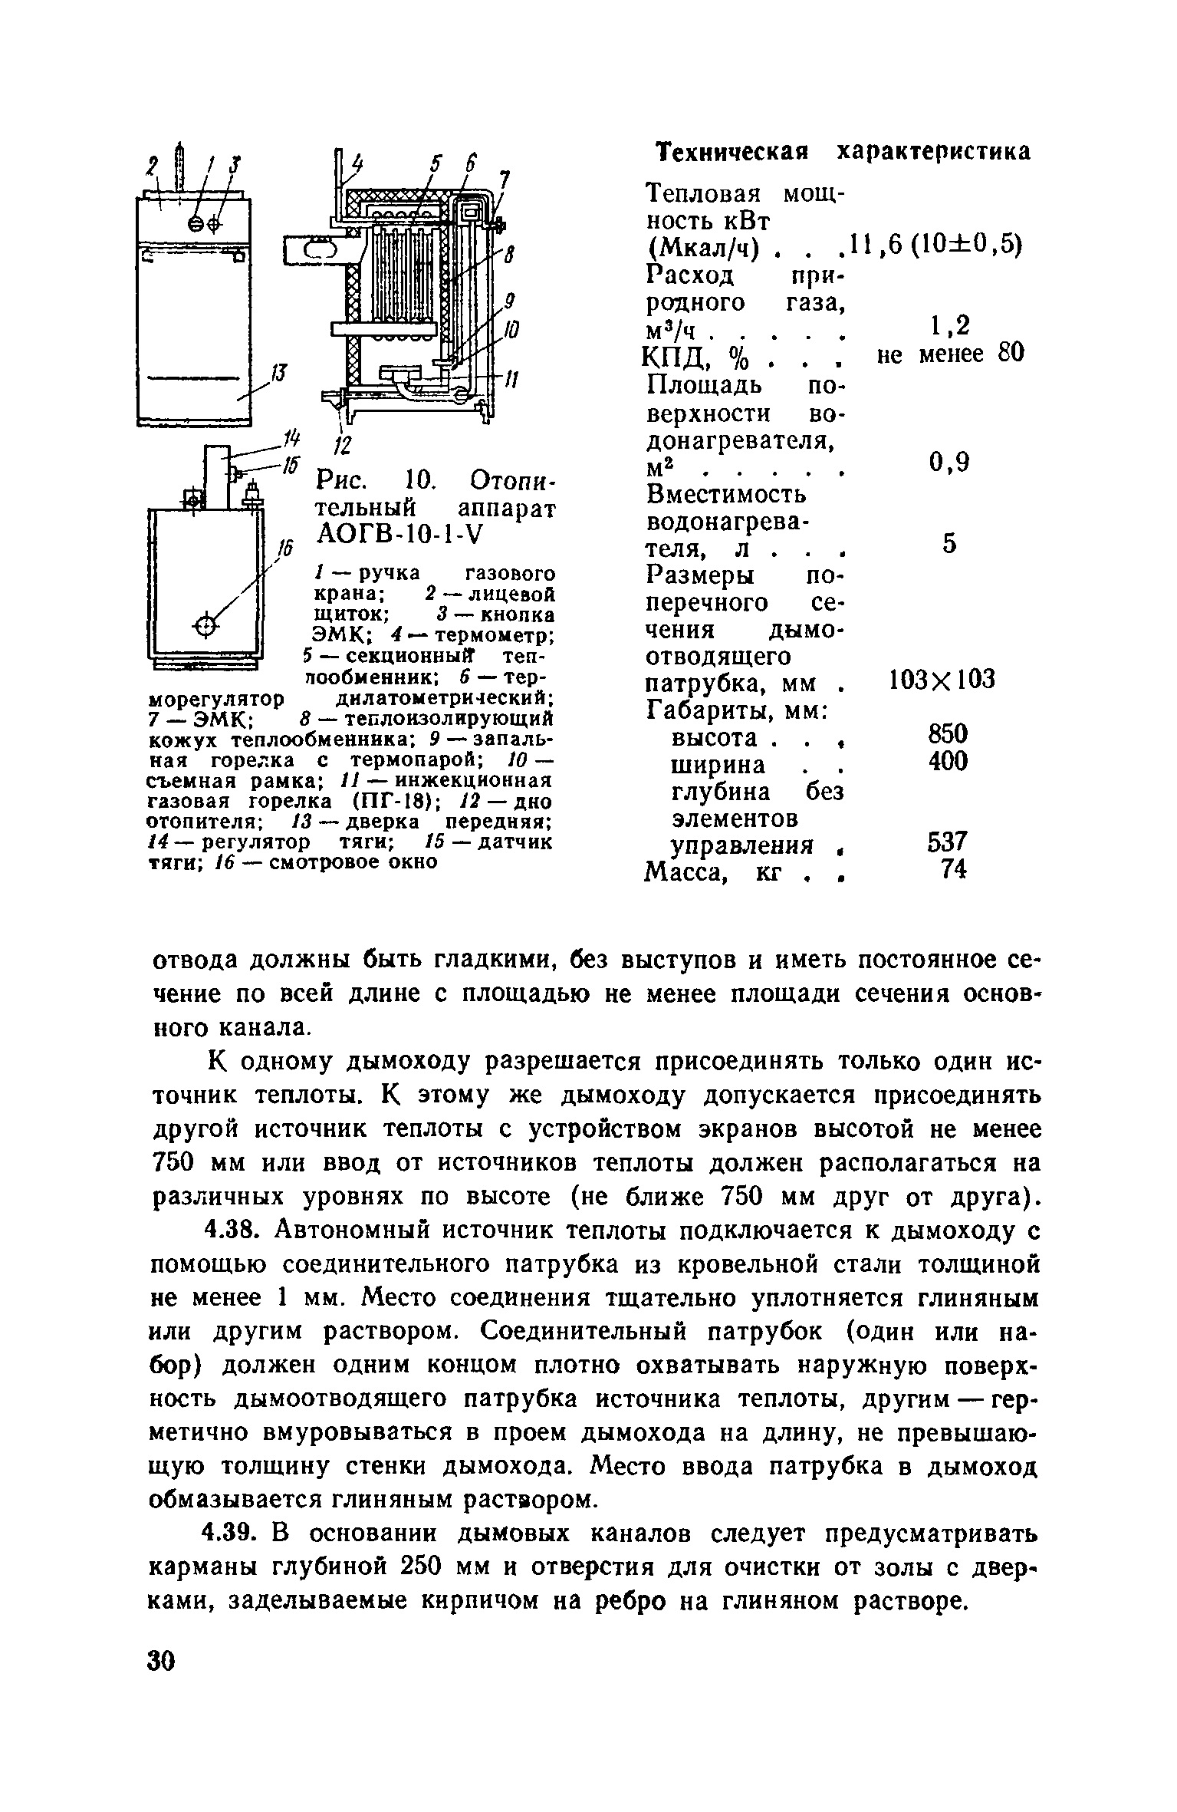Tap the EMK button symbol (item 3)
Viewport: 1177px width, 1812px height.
213,222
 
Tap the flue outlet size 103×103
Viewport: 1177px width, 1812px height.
942,679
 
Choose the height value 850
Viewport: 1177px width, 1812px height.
949,734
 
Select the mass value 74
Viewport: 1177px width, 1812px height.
954,870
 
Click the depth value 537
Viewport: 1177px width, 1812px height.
949,842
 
